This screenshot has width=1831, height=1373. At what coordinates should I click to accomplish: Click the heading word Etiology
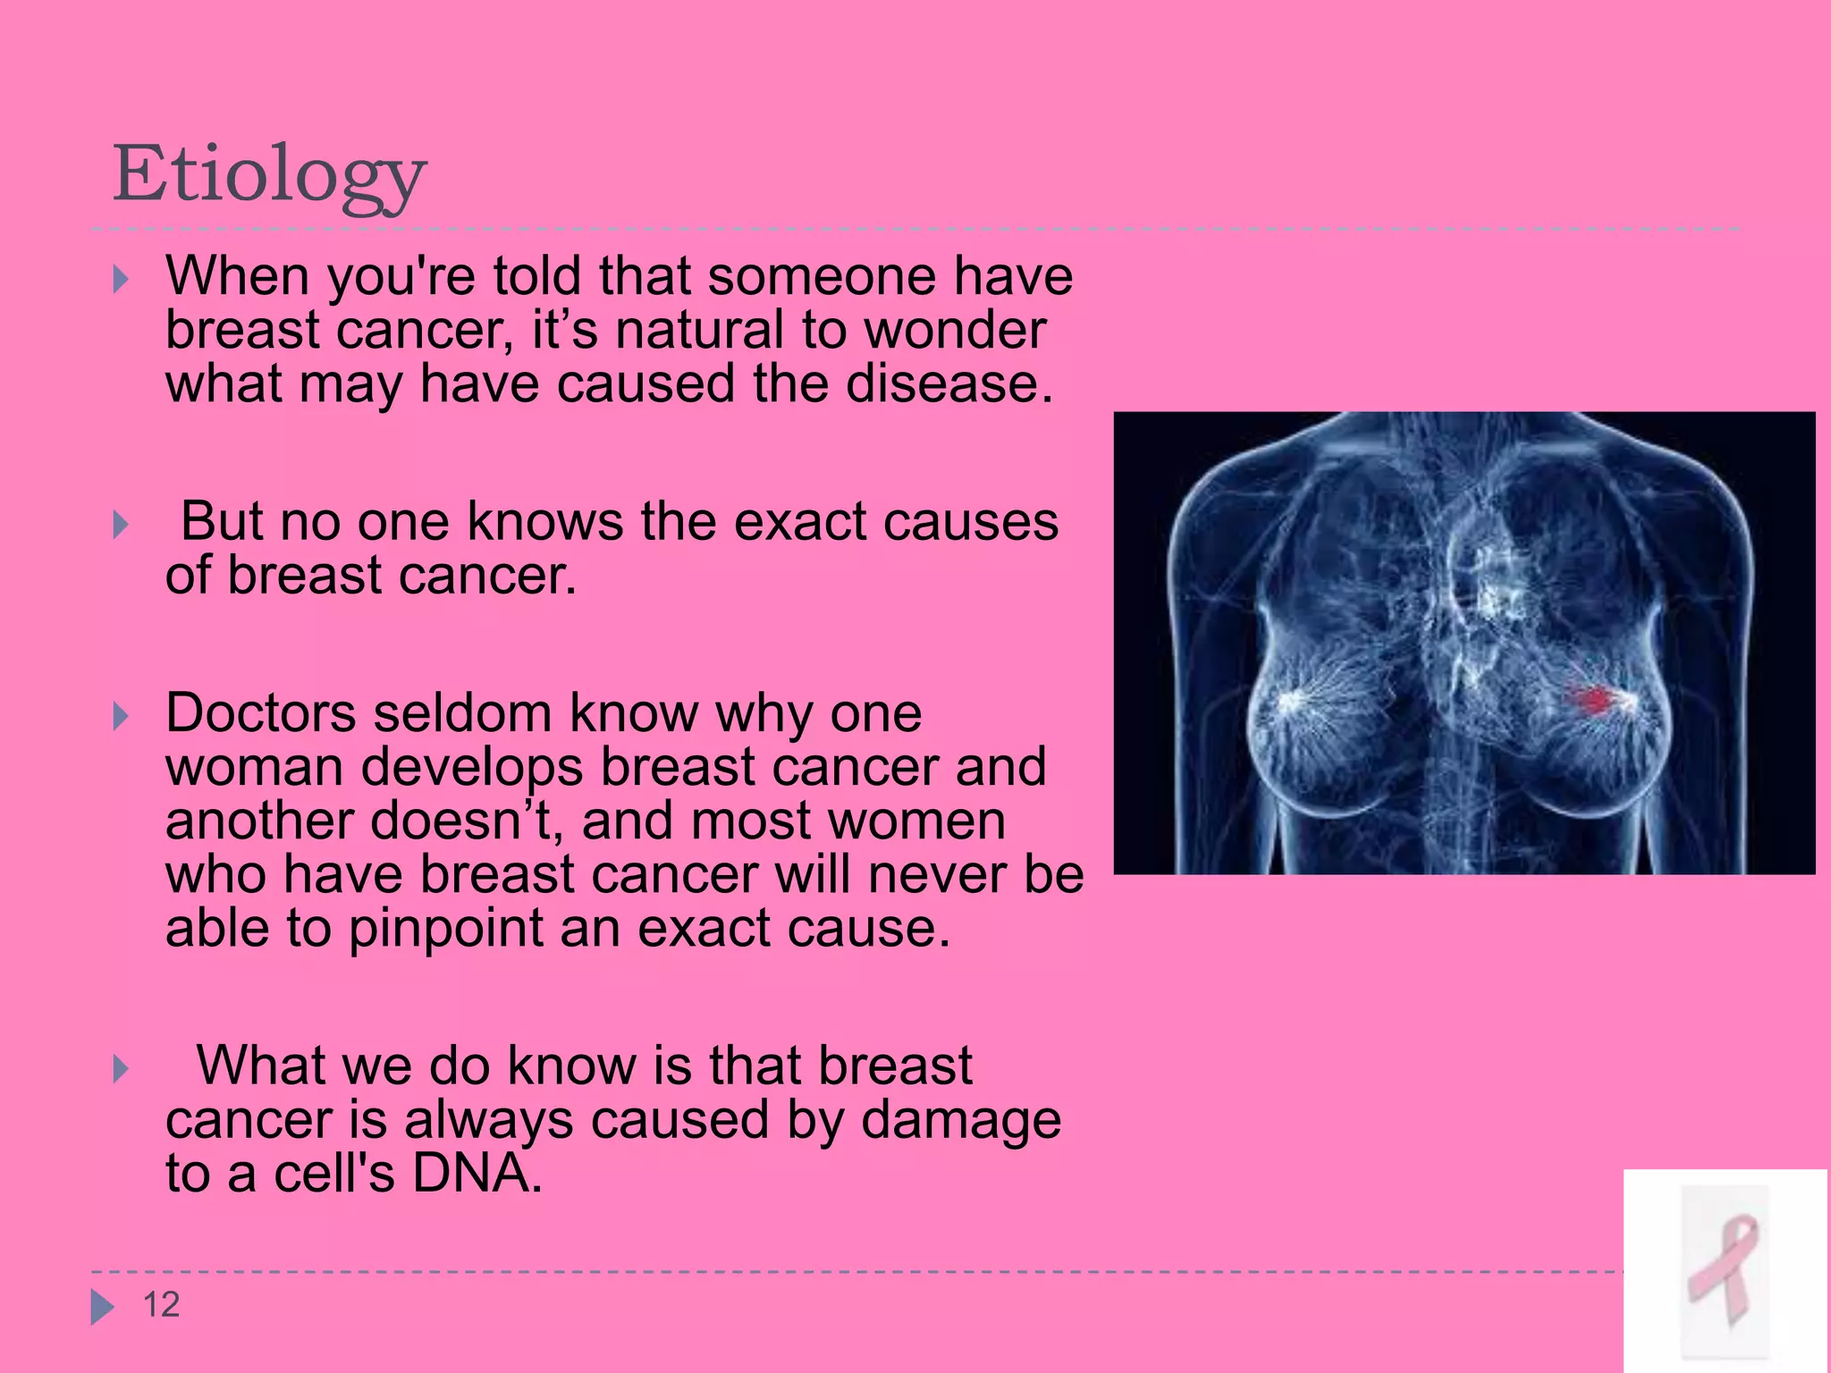click(x=268, y=175)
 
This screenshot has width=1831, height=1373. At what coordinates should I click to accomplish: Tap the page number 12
click(x=162, y=1305)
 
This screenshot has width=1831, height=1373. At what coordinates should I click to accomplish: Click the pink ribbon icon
click(x=1724, y=1269)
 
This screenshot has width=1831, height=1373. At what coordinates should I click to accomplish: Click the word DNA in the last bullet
click(x=476, y=1173)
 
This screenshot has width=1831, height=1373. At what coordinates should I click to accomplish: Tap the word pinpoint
click(x=445, y=930)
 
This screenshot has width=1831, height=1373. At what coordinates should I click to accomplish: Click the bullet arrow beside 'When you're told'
click(x=121, y=280)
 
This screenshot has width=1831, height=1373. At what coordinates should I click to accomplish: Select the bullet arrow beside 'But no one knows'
click(x=121, y=525)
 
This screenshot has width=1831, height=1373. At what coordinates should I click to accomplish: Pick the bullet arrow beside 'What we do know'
click(x=121, y=1069)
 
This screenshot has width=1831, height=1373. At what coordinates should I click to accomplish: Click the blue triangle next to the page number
click(x=102, y=1307)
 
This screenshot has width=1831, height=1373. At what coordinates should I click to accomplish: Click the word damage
click(x=960, y=1121)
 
